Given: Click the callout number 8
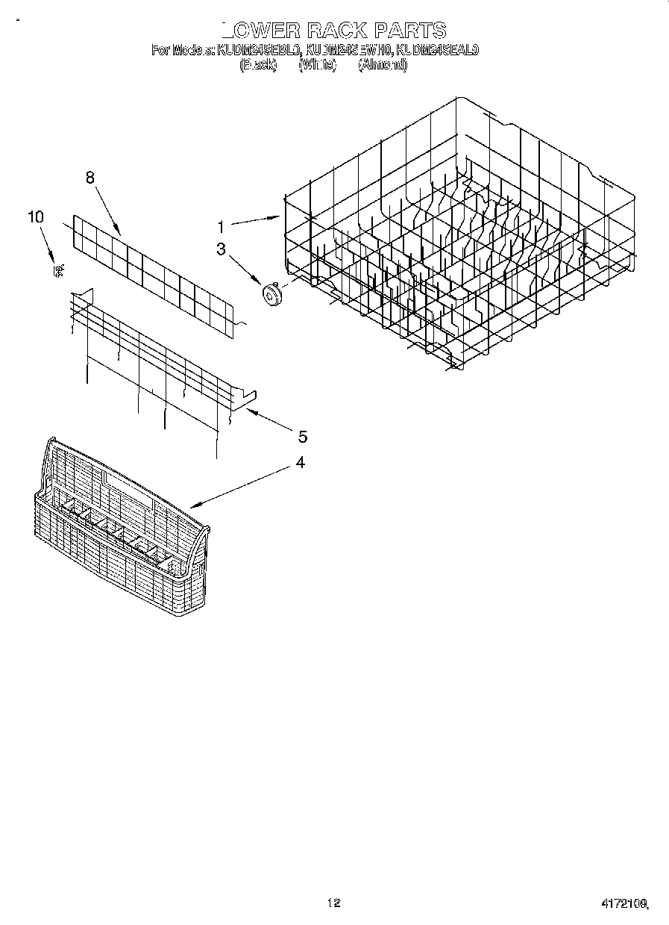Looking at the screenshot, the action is (90, 178).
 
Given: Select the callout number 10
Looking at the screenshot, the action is (35, 217).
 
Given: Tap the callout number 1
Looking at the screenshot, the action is (221, 225).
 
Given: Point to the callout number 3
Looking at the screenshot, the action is (221, 249).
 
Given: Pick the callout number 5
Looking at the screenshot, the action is (302, 436).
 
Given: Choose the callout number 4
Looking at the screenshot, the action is (300, 463).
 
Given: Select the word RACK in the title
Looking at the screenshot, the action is (336, 31).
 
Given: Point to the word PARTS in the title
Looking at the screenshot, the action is (409, 31).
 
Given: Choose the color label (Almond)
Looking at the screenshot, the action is (383, 66).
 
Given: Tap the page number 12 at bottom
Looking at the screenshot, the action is (334, 903).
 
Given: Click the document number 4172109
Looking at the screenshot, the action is (624, 903).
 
